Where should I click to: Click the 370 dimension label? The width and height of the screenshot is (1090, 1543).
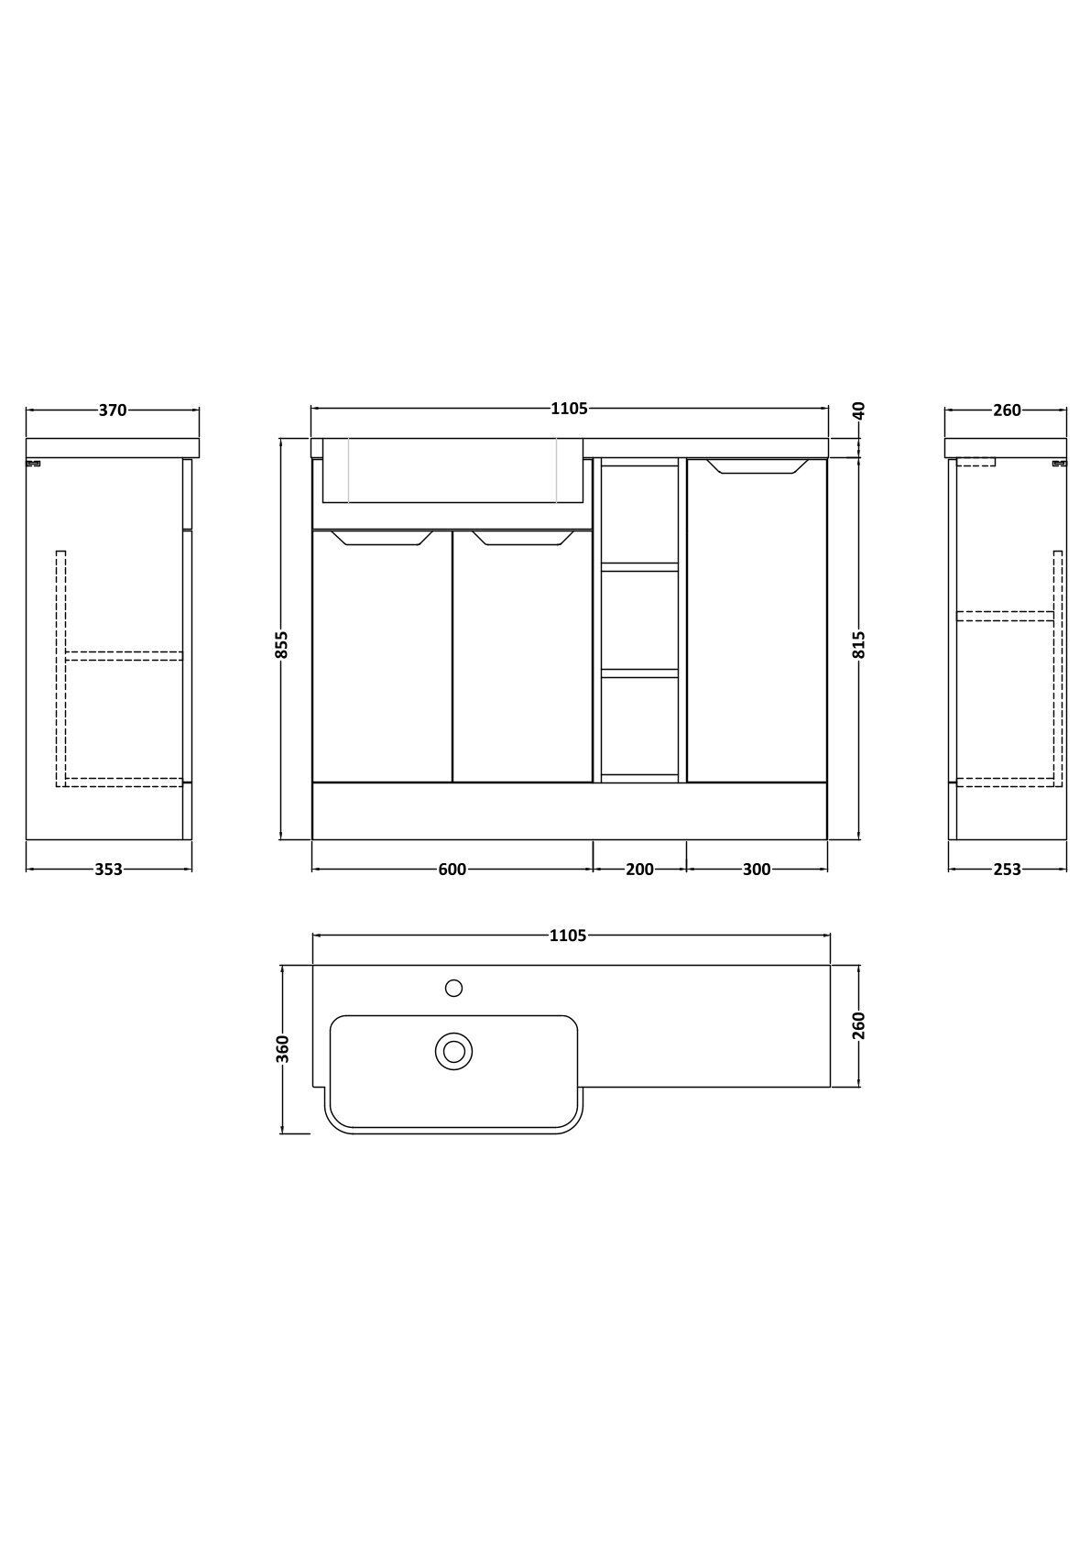coord(113,410)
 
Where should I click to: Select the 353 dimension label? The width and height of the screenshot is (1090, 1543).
coord(109,870)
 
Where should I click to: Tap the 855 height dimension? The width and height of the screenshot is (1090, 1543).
coord(282,645)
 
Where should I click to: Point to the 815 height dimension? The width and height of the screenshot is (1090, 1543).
coord(858,645)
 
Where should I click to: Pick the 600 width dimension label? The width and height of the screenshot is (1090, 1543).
coord(452,870)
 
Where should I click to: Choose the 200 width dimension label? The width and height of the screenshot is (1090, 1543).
coord(639,870)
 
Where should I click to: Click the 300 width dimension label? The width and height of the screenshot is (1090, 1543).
coord(757,870)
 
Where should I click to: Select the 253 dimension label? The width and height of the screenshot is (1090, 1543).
coord(1007,870)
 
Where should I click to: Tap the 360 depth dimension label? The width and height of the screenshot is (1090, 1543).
coord(282,1049)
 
